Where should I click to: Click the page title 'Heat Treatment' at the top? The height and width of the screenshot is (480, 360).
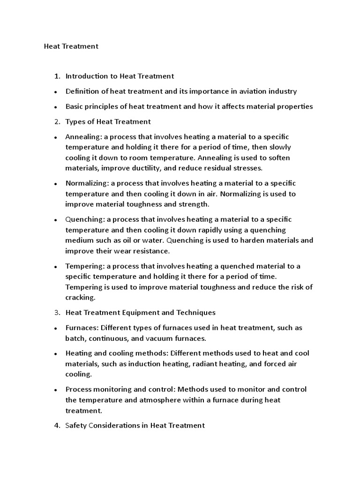[x=71, y=46]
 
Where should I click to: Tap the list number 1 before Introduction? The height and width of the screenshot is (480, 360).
[x=57, y=76]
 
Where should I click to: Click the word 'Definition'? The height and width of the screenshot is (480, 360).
[x=82, y=91]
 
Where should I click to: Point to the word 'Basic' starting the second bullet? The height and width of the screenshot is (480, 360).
[x=75, y=106]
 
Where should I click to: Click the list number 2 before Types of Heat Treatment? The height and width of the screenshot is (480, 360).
[x=57, y=122]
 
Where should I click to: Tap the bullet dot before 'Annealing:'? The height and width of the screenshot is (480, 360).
[x=55, y=138]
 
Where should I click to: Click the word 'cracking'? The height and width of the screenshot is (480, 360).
[x=80, y=297]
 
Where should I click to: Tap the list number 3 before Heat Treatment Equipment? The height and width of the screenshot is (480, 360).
[x=57, y=312]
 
